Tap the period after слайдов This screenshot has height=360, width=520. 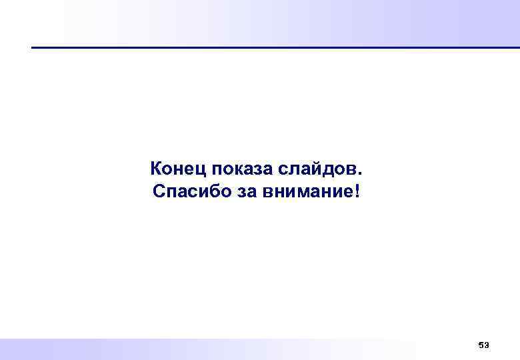(x=363, y=172)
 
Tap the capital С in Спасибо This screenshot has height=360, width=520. (x=158, y=192)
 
